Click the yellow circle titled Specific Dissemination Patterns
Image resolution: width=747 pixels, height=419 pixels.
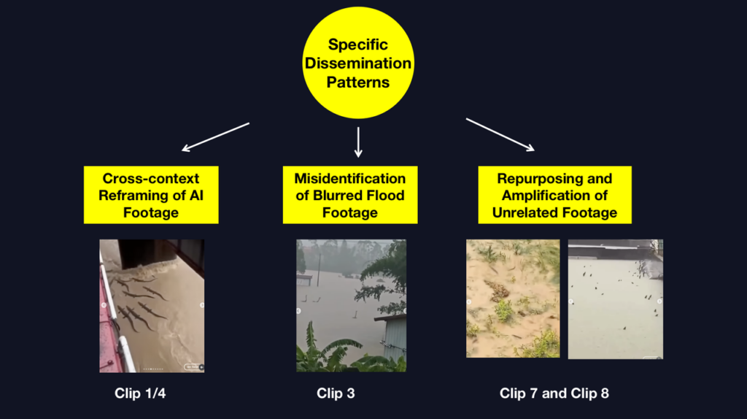pos(358,63)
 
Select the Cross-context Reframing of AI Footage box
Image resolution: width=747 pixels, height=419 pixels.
pos(151,195)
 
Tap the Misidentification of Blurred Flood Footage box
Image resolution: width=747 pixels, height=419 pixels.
pos(350,195)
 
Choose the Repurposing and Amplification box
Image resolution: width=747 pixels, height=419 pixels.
pos(555,195)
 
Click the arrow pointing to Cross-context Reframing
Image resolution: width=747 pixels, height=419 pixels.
pos(215,137)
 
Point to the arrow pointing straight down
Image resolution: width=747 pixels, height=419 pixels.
pos(358,142)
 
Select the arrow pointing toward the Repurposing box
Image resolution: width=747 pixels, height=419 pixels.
pos(500,135)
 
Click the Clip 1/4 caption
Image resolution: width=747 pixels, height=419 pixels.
pos(140,393)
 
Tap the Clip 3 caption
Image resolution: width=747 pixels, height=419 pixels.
pos(336,393)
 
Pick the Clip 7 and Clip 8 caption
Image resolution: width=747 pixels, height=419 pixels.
pos(554,393)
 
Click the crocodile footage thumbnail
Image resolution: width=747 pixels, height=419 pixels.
pos(152,306)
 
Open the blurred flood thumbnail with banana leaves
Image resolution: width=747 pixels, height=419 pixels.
pos(351,306)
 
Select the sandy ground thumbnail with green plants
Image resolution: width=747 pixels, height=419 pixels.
pos(513,299)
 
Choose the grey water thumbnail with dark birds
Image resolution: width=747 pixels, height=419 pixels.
pos(616,299)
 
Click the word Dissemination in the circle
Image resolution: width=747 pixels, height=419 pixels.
pos(358,64)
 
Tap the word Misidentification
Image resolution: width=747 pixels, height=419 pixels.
pos(350,178)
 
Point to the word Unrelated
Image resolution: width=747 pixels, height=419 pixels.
pos(525,212)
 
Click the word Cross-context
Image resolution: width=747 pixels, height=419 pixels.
pos(151,178)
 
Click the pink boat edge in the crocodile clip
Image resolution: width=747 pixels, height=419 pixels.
pos(111,329)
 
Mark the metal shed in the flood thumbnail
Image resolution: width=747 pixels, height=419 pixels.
pos(392,339)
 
